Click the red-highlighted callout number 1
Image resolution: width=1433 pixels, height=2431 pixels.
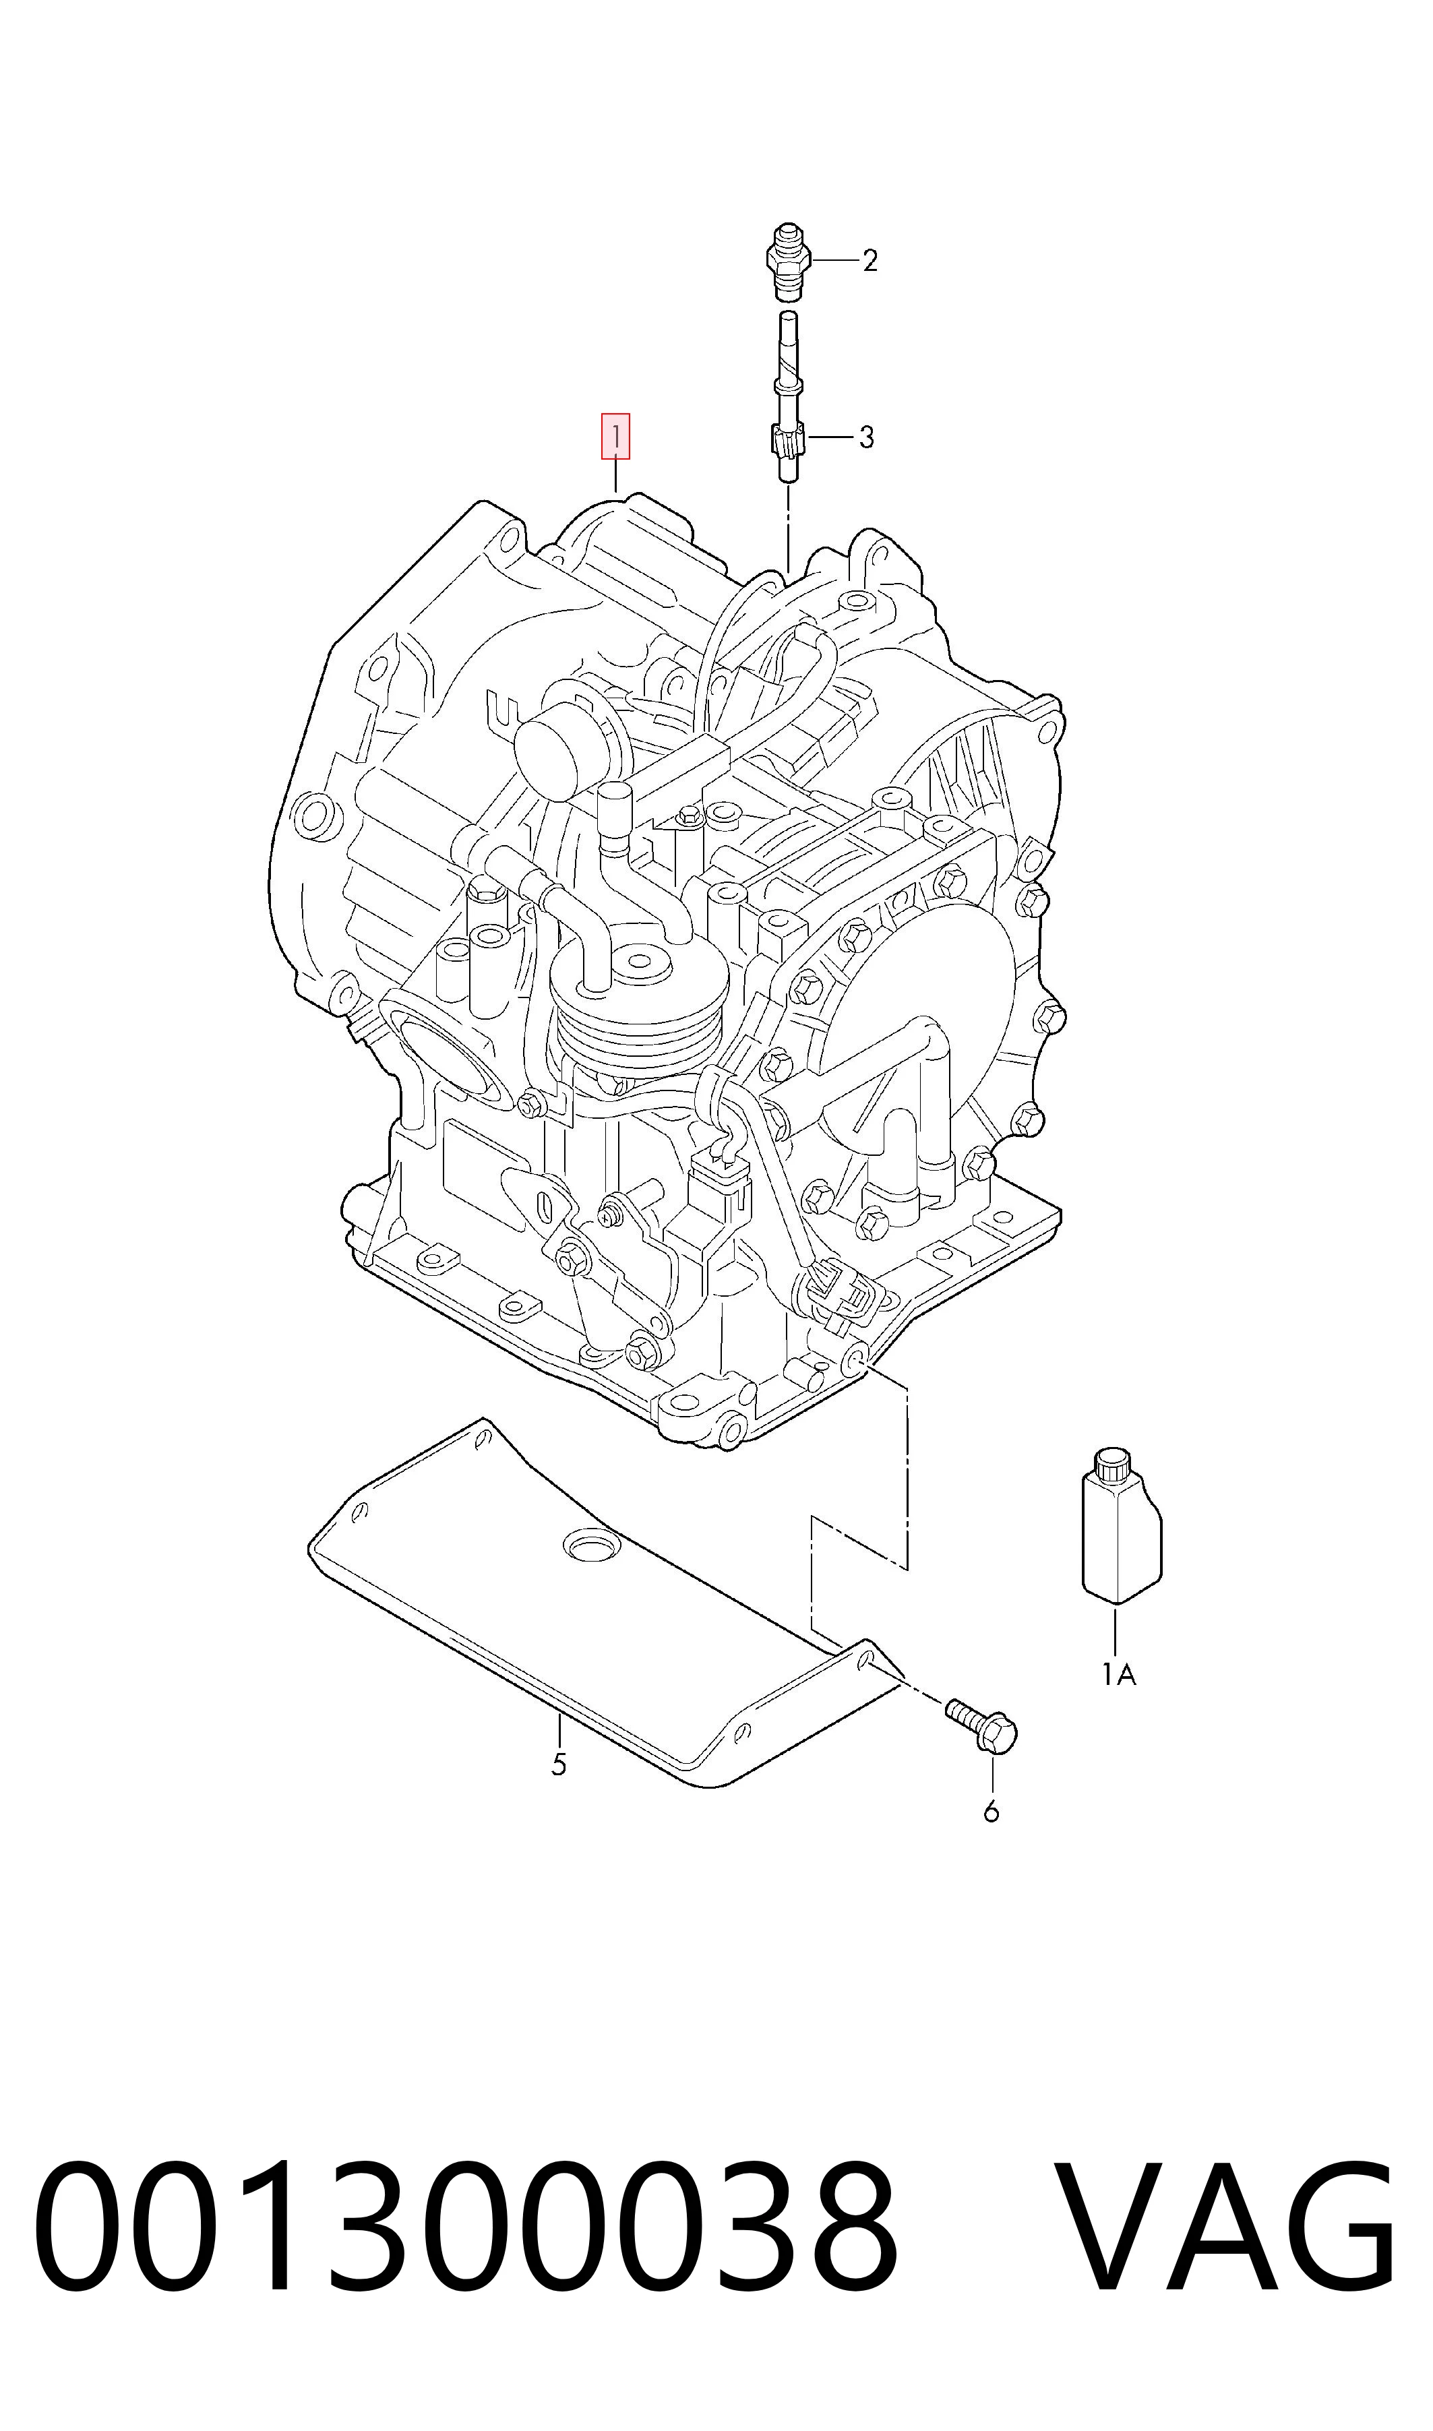[x=616, y=435]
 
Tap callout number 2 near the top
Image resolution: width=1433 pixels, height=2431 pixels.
[x=870, y=261]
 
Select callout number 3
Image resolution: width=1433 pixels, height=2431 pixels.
[x=866, y=437]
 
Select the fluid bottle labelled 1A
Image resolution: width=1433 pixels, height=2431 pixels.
[x=1120, y=1529]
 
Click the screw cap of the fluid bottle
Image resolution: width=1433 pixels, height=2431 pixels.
[x=1111, y=1465]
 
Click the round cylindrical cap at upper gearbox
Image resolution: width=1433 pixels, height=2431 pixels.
[x=565, y=743]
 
